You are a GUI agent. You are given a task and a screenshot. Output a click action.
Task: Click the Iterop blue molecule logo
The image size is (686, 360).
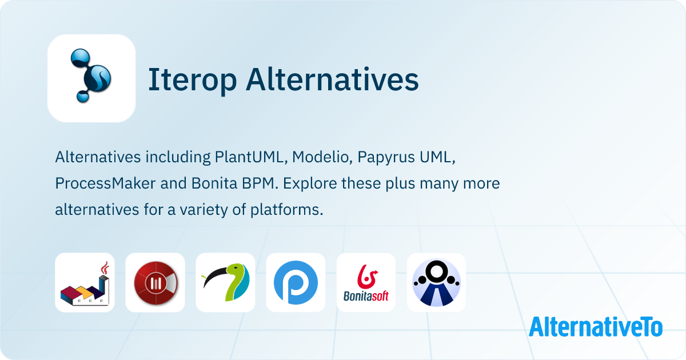pyautogui.click(x=91, y=78)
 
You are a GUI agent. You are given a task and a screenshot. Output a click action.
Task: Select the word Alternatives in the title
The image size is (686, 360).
pyautogui.click(x=332, y=80)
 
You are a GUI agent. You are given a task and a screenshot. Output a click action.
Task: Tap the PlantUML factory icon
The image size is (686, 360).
pyautogui.click(x=85, y=283)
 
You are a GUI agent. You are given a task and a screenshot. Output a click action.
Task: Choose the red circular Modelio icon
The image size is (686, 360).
pyautogui.click(x=155, y=283)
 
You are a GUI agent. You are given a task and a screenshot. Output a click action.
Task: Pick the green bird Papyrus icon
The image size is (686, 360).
pyautogui.click(x=225, y=283)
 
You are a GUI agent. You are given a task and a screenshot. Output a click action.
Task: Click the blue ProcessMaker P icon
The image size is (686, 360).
pyautogui.click(x=296, y=283)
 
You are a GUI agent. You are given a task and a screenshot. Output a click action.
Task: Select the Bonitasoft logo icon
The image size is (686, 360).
pyautogui.click(x=366, y=283)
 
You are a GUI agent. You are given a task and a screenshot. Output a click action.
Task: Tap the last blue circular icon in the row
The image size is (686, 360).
pyautogui.click(x=436, y=283)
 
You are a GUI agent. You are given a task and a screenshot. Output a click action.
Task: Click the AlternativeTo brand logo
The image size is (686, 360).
pyautogui.click(x=596, y=326)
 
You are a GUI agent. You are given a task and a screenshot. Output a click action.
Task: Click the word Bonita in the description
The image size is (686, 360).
pyautogui.click(x=197, y=184)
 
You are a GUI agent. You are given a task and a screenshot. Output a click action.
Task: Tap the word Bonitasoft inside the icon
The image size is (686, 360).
pyautogui.click(x=366, y=296)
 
